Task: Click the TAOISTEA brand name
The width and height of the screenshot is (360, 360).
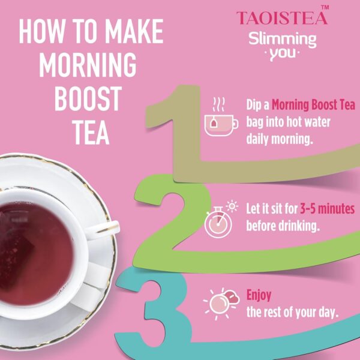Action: pyautogui.click(x=282, y=18)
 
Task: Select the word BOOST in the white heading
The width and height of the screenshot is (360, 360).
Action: pyautogui.click(x=88, y=99)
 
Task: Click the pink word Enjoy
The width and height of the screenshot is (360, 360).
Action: pyautogui.click(x=259, y=295)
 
